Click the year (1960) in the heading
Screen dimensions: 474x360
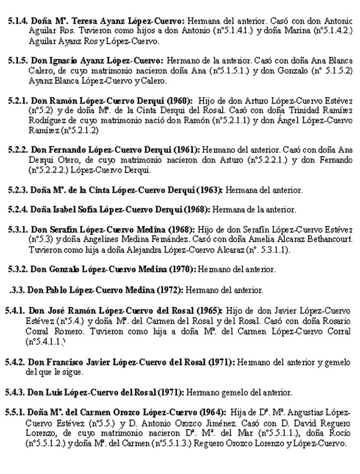click(181, 100)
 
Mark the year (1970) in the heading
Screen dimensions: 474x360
click(182, 269)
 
